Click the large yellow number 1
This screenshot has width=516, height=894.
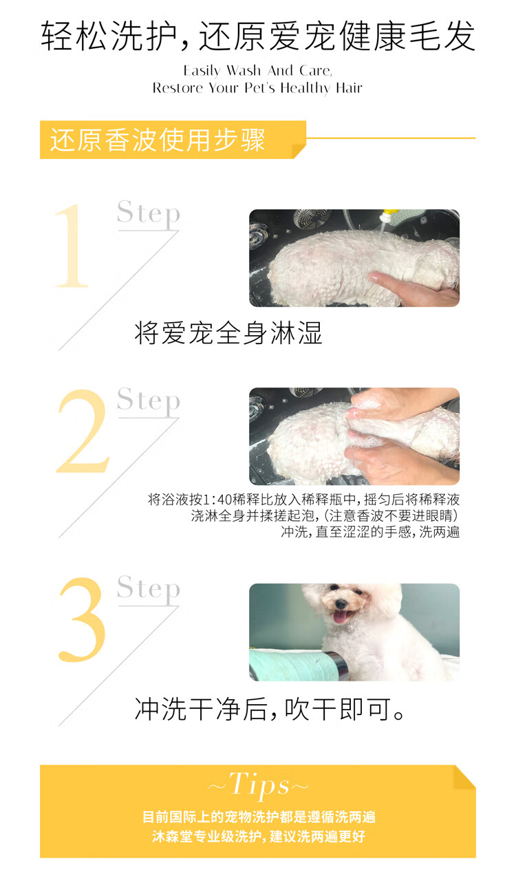coord(72,246)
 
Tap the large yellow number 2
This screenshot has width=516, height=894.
coord(83,431)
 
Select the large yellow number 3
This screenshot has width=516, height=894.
coord(83,619)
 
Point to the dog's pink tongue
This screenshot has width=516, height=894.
coord(340,617)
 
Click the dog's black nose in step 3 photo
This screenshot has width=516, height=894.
coord(341,604)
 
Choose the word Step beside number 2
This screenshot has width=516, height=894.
coord(149,401)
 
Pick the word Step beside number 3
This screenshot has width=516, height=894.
coord(149,589)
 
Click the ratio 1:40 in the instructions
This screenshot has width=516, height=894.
coord(218,499)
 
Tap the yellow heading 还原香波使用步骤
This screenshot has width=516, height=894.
coord(158,140)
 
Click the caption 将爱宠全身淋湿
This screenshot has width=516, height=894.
coord(228,333)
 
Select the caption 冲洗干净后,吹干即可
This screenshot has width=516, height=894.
coord(269,710)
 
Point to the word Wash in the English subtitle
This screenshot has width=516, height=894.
coord(244,71)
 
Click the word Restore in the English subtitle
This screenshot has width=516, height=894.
coord(178,88)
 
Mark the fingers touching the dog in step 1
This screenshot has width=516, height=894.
coord(403,286)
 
